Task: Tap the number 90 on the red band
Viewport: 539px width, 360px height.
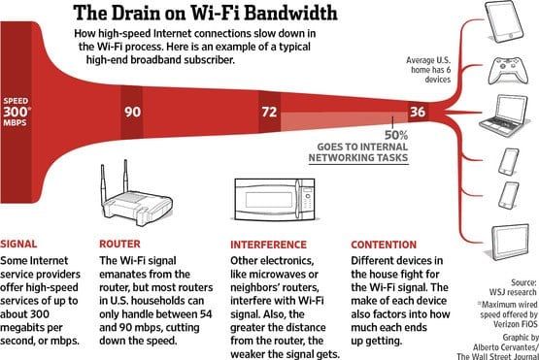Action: (x=133, y=111)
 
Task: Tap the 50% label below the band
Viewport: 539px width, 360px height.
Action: (x=395, y=135)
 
